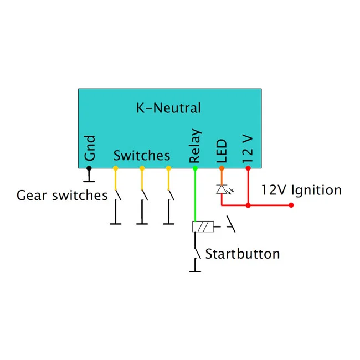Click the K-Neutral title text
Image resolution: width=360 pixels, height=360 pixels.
168,108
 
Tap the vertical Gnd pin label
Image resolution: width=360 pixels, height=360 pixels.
90,148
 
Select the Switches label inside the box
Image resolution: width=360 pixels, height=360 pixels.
142,156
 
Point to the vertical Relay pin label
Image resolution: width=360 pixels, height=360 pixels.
195,146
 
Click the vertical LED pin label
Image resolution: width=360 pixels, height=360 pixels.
222,151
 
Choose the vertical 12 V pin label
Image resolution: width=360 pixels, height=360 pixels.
248,149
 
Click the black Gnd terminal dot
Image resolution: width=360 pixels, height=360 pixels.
89,168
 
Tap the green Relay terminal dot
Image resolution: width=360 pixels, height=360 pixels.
195,168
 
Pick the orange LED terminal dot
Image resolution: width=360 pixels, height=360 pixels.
222,168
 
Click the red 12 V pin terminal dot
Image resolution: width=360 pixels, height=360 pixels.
248,168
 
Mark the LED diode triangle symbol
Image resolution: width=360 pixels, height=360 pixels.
222,189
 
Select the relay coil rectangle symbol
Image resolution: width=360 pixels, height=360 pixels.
203,227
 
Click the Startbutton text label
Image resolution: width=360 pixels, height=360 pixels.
243,254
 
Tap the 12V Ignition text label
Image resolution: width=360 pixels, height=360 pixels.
301,191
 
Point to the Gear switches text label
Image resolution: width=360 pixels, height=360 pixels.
62,196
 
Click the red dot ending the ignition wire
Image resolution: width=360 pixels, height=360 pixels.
291,205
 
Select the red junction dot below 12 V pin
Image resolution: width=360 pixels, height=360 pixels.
248,205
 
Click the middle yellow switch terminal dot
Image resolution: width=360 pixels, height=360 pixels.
142,168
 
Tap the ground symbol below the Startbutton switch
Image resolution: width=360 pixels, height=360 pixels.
195,266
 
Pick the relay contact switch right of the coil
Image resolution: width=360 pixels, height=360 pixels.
231,224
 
